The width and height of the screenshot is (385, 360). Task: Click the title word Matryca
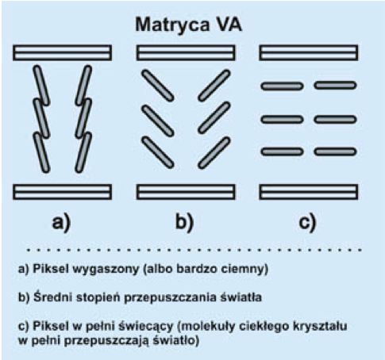(x=171, y=26)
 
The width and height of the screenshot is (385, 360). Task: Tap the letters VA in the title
(x=229, y=25)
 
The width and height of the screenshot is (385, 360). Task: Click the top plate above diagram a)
(x=62, y=52)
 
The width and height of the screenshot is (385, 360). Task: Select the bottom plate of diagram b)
(x=186, y=192)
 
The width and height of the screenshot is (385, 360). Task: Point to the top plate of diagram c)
(x=309, y=52)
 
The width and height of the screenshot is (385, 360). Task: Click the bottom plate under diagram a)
(x=62, y=192)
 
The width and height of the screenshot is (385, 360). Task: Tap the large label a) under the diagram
(x=61, y=223)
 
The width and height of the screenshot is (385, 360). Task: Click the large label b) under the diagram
(x=185, y=222)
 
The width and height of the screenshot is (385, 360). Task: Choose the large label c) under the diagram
(x=307, y=223)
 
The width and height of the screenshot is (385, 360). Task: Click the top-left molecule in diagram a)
(x=41, y=86)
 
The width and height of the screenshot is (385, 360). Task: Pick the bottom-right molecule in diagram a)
(x=83, y=152)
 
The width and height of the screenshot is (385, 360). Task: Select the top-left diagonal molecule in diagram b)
(x=158, y=86)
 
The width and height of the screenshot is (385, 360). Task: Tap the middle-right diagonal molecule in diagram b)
(x=214, y=117)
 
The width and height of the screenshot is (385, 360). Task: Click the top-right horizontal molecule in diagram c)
(x=336, y=86)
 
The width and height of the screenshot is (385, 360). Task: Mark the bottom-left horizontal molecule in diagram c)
(x=282, y=151)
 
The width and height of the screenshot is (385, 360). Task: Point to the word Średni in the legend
(x=52, y=297)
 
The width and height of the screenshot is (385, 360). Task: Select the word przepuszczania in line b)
(x=170, y=298)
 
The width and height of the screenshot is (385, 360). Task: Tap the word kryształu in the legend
(x=320, y=327)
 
